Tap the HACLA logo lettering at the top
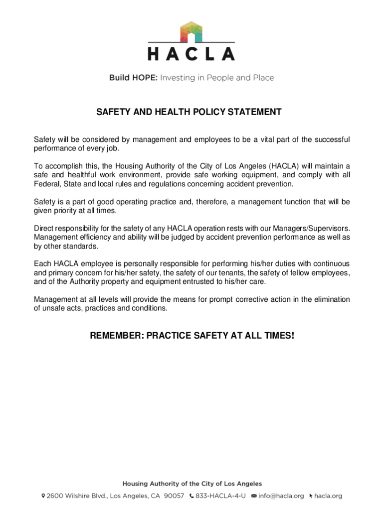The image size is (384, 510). click(x=192, y=53)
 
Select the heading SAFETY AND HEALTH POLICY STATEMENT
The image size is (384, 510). click(x=189, y=112)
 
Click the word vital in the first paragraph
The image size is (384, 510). click(x=271, y=139)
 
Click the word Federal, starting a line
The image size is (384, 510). click(x=47, y=184)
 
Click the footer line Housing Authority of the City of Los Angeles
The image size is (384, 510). click(x=192, y=484)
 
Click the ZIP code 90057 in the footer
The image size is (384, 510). click(x=174, y=496)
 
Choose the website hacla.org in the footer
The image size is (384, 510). click(x=328, y=496)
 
